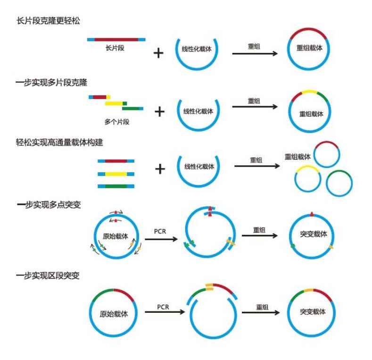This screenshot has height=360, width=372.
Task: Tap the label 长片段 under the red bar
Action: click(x=115, y=48)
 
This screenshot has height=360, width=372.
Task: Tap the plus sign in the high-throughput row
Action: click(x=160, y=168)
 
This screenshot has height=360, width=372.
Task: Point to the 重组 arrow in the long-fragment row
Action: click(x=254, y=53)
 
